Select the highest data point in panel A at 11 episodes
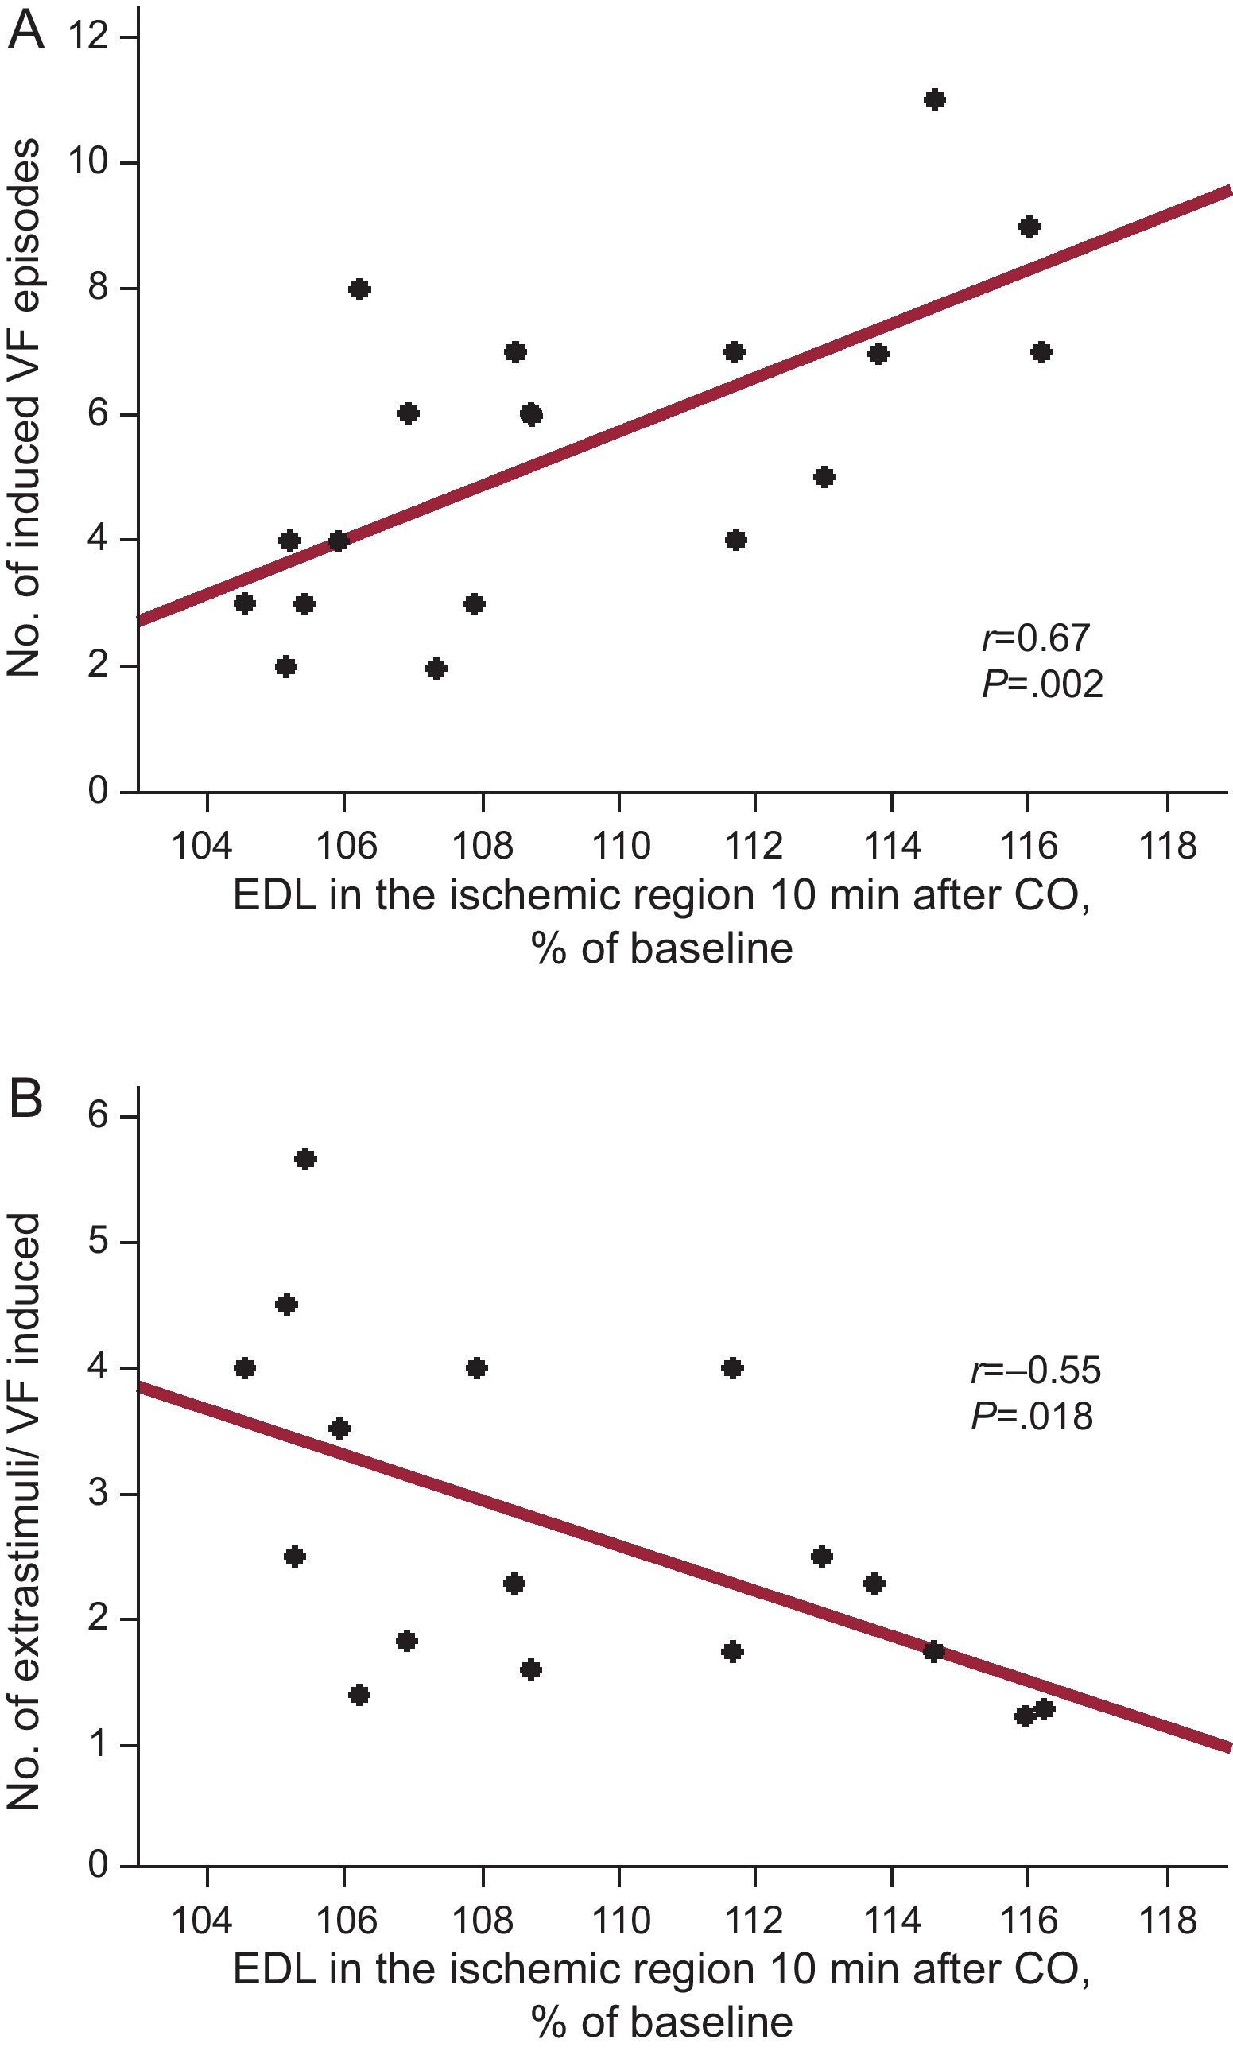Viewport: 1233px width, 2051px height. pos(935,100)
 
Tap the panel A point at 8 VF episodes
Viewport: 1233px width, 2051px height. pos(359,289)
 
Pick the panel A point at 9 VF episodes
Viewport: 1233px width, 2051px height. pos(1029,227)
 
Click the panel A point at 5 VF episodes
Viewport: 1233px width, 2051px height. pos(824,478)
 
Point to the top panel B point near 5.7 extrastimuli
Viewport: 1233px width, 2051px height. pos(305,1160)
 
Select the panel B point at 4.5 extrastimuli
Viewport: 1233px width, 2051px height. pos(286,1305)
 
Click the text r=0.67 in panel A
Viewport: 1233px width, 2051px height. pos(1034,638)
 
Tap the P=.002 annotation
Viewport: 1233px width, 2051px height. pos(1042,684)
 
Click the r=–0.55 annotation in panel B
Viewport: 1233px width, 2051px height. pos(1035,1371)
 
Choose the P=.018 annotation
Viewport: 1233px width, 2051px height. pos(1031,1417)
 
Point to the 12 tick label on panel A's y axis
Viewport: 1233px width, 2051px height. pos(89,37)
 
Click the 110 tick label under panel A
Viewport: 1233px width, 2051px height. pos(619,846)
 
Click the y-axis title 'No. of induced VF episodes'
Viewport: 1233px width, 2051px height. pos(24,407)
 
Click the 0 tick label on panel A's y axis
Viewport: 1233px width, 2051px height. pos(98,790)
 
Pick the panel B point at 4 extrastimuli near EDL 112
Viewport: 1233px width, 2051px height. pos(732,1368)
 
